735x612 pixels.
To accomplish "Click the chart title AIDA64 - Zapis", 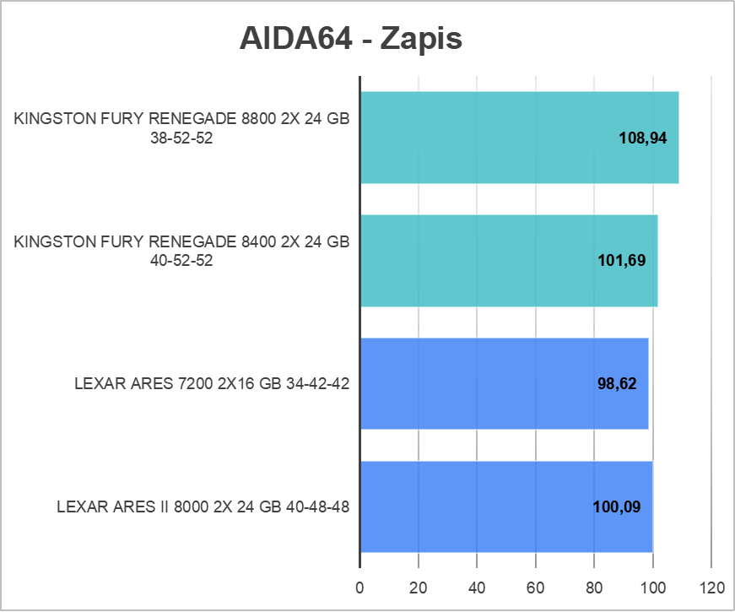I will point(351,38).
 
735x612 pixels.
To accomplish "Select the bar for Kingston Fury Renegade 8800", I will point(519,138).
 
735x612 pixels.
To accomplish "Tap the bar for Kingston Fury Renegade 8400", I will point(508,261).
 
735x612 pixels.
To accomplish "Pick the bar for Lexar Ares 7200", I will point(504,384).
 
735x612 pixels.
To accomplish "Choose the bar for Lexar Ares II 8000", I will point(506,507).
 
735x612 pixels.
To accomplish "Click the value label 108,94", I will point(643,138).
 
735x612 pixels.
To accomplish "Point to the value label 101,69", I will point(621,261).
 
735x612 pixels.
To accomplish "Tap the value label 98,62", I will point(616,384).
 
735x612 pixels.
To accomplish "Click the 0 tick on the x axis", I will point(360,588).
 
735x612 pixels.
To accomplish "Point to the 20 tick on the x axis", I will point(419,588).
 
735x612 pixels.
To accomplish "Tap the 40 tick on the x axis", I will point(477,588).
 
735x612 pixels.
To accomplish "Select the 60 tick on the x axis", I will point(536,588).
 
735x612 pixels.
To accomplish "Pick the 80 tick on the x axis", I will point(594,588).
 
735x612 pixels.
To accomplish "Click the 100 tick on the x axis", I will point(652,588).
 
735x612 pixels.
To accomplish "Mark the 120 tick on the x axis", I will point(711,588).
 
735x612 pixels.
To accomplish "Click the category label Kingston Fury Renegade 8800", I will point(181,129).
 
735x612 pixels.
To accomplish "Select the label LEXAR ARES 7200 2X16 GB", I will point(212,384).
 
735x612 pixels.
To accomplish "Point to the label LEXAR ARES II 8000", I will point(203,507).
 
